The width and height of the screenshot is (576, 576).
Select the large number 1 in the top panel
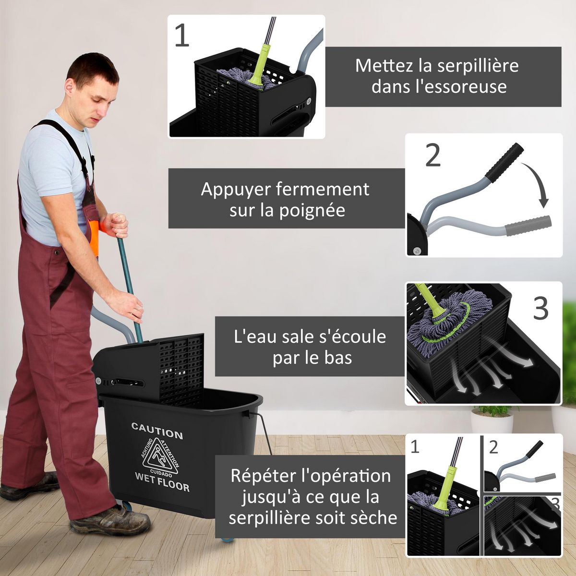182,36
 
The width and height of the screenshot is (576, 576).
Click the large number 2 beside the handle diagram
433,156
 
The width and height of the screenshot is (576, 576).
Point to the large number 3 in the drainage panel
541,309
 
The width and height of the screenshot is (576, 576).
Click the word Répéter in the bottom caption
263,476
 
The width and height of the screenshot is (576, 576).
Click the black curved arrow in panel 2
536,185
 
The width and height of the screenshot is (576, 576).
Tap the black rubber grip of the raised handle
503,161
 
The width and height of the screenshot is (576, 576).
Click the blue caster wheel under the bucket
228,538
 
